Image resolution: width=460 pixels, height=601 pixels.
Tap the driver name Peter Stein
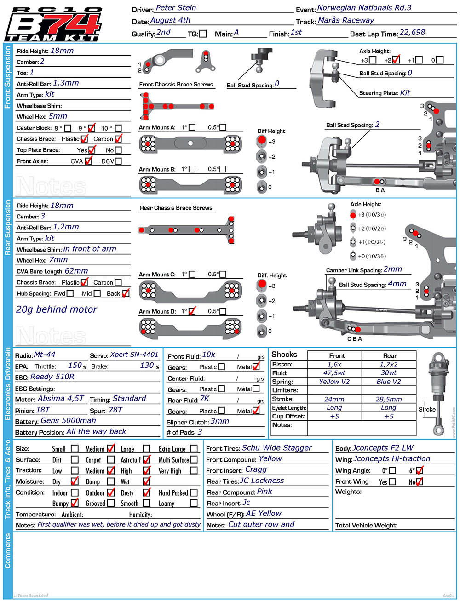176,8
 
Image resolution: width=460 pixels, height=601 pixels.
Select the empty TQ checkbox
203,34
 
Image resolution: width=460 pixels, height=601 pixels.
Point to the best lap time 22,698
412,32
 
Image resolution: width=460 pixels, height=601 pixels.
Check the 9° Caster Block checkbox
92,127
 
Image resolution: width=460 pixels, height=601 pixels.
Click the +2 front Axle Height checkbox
396,60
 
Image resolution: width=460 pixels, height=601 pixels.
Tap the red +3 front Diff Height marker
262,140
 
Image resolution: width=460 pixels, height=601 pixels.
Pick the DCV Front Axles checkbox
118,161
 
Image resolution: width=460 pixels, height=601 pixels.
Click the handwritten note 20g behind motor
57,309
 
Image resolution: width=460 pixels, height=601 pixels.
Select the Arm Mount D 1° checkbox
192,311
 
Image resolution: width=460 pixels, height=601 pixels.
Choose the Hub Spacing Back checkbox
126,293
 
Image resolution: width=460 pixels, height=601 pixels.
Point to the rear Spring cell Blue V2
389,381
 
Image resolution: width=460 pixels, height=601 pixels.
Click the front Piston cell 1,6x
334,364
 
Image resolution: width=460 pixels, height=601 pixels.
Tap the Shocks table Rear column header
390,355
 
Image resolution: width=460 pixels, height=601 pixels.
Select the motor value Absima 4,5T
61,398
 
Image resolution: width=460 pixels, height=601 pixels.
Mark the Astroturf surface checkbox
147,459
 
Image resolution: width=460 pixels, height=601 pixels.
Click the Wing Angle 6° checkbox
420,470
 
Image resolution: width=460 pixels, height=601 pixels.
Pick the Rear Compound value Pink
264,492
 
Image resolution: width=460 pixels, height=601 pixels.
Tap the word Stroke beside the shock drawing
427,409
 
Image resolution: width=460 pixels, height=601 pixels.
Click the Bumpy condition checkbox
75,503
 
